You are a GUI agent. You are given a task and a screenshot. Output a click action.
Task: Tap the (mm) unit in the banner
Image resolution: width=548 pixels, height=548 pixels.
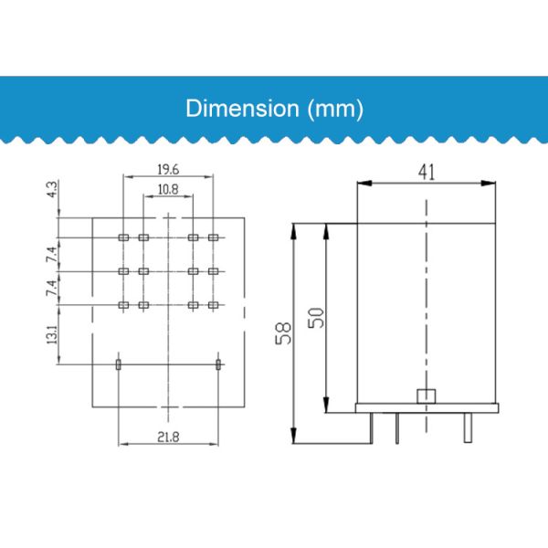pos(335,109)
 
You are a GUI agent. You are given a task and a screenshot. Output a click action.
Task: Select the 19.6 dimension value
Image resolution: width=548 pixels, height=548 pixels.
pos(168,170)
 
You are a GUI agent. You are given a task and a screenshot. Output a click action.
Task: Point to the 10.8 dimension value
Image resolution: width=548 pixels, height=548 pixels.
pos(168,190)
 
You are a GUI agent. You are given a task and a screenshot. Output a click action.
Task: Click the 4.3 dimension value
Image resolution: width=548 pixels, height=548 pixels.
pos(52,190)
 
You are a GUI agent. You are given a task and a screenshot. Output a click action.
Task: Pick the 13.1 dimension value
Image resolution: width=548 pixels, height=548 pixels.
pos(52,334)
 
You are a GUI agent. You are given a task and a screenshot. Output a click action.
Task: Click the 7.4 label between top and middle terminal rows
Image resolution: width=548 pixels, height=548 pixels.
pos(52,253)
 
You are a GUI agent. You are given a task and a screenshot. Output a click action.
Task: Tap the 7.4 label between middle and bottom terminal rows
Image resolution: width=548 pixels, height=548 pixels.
pos(52,288)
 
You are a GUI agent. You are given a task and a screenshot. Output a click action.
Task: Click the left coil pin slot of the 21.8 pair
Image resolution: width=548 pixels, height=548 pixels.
pos(119,364)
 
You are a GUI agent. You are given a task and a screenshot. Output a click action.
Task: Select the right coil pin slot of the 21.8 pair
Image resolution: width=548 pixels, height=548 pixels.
pos(217,364)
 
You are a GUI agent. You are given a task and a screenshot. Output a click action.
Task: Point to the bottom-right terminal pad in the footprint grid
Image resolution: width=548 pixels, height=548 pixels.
pos(213,304)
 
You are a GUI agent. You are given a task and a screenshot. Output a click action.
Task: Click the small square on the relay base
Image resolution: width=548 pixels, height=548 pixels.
pos(424,396)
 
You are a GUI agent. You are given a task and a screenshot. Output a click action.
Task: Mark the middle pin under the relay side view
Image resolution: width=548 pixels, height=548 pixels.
pos(397,426)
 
